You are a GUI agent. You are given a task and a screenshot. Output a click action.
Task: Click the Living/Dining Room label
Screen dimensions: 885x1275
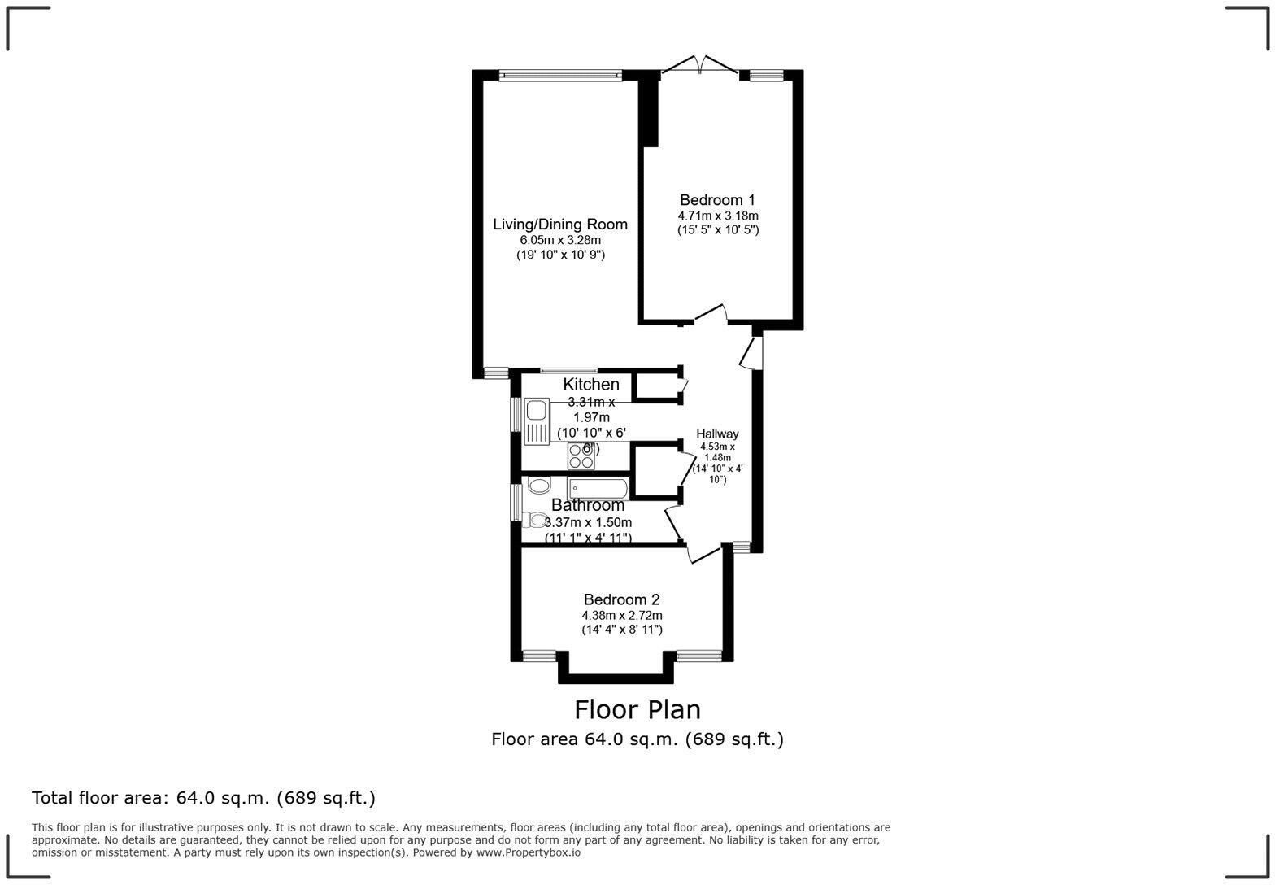[x=560, y=225]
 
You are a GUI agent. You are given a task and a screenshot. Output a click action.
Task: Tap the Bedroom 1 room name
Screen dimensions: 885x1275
[x=717, y=200]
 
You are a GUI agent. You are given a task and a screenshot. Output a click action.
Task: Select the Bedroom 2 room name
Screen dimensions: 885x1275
[x=621, y=600]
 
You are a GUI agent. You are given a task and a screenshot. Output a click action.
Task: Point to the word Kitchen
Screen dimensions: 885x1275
[x=591, y=385]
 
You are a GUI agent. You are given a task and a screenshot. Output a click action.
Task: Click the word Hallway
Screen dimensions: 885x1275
[x=717, y=434]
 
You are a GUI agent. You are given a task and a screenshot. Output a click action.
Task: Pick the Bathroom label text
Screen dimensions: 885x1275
[x=588, y=505]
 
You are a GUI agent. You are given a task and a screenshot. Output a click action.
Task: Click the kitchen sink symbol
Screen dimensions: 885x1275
[x=537, y=421]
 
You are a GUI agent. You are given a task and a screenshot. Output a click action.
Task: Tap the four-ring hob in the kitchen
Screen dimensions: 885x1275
[x=581, y=456]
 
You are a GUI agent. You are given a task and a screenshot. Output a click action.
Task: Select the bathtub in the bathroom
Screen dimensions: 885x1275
[x=598, y=488]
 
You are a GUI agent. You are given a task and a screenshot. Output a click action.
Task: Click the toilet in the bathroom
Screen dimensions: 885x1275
[x=536, y=520]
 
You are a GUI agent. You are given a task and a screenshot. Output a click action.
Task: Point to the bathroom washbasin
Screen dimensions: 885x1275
[x=539, y=486]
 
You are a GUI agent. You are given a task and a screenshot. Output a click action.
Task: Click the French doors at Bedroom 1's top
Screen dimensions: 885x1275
[x=699, y=65]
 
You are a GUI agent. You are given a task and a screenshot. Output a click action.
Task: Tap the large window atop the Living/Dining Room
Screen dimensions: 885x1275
[x=560, y=76]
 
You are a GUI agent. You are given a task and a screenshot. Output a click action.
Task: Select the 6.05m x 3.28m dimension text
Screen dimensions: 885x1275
[x=560, y=240]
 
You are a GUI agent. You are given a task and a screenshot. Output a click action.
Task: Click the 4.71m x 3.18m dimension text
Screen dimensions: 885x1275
[x=718, y=216]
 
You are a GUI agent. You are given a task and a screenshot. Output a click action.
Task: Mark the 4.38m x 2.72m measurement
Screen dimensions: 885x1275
[x=621, y=616]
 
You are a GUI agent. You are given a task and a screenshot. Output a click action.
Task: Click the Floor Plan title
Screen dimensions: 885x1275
[x=637, y=709]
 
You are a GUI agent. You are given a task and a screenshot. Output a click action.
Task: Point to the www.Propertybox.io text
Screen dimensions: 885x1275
[x=529, y=852]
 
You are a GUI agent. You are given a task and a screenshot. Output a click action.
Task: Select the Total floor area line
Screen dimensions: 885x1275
[x=203, y=798]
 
